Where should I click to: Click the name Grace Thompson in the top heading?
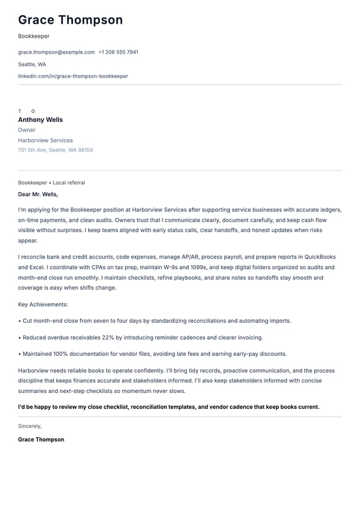point(70,20)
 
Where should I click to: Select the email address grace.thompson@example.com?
point(56,52)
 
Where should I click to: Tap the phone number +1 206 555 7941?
point(118,52)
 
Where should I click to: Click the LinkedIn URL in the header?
point(73,76)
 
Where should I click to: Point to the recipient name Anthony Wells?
point(40,120)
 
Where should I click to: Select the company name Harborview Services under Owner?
point(45,141)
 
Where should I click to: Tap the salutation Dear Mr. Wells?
point(38,194)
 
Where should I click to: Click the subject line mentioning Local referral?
point(51,182)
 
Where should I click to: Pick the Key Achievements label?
point(43,304)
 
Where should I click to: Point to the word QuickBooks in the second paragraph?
point(320,256)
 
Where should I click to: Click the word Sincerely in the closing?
point(30,426)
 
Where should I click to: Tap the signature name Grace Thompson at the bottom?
point(41,439)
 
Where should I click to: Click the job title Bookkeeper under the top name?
point(34,36)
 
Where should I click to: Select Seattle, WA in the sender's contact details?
point(32,64)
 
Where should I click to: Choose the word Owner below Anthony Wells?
point(27,130)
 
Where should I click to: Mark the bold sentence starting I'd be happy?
point(168,407)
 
